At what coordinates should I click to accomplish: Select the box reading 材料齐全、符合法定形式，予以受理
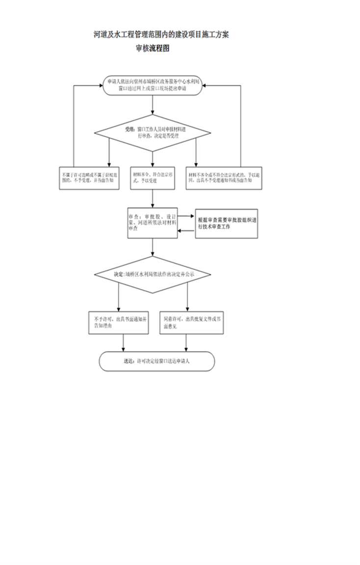coord(153,177)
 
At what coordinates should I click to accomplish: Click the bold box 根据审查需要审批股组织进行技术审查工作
coord(226,224)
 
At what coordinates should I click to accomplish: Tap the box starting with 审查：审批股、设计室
coord(152,223)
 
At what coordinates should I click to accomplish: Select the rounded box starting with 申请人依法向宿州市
coord(153,86)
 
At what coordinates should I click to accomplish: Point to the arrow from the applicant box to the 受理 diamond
coord(153,105)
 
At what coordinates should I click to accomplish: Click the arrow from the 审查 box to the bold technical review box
coord(186,216)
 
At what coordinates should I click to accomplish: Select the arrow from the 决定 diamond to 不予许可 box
coord(119,297)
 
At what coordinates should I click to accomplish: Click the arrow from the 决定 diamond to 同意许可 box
coord(187,297)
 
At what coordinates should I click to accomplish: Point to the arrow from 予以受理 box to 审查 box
coord(153,198)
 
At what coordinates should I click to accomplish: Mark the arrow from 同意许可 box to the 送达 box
coord(186,343)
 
